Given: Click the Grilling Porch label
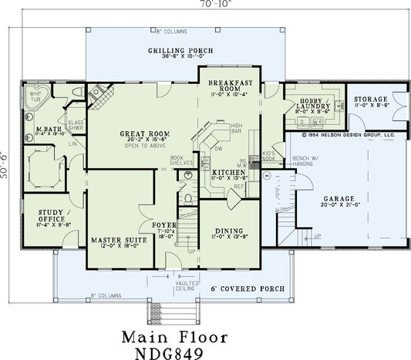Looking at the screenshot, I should pos(175,50).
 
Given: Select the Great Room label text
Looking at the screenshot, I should pos(140,133).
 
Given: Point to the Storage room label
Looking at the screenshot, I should pos(371,100).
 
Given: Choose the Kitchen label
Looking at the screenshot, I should pos(229,172).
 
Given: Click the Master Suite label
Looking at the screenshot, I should pos(113,241).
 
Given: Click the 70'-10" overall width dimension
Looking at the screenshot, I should pos(205,5).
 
